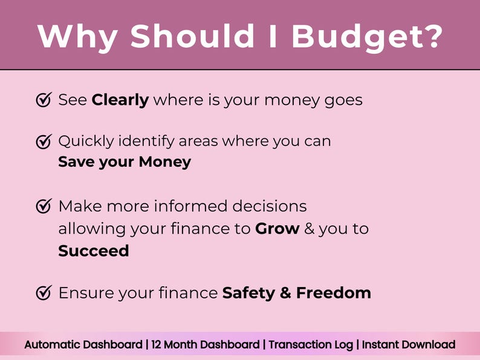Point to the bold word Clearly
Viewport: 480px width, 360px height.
pyautogui.click(x=120, y=100)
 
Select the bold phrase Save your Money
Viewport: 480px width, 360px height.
pyautogui.click(x=125, y=162)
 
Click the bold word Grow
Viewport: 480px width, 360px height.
pyautogui.click(x=277, y=229)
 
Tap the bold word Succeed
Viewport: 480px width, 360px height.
pyautogui.click(x=94, y=251)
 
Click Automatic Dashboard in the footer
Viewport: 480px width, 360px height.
pyautogui.click(x=83, y=345)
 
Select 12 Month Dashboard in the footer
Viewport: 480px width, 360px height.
pyautogui.click(x=206, y=345)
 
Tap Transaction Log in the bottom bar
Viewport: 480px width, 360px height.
pyautogui.click(x=311, y=345)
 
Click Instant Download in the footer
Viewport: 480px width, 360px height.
pyautogui.click(x=409, y=345)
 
